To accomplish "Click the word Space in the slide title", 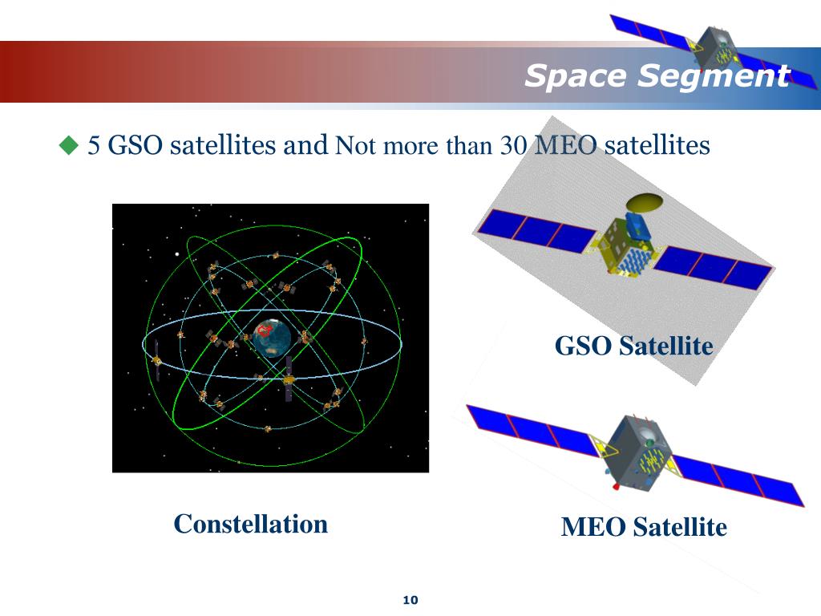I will coord(576,77).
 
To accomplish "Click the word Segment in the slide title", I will coord(714,77).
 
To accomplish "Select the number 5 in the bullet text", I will coord(94,146).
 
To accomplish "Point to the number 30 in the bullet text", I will coord(514,146).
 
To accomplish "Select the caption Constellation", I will coord(251,524).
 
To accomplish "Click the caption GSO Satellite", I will coord(633,346).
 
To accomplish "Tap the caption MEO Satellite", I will coord(644,527).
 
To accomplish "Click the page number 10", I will coord(411,600).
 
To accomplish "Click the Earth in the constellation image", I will coord(270,338).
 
